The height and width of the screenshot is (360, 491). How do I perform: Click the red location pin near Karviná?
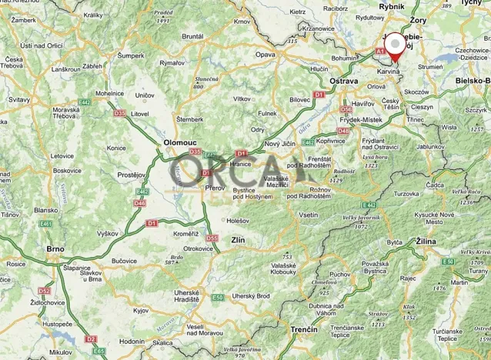[396, 46]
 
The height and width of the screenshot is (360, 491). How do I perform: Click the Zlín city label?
[238, 241]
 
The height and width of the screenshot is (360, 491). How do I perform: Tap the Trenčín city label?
[304, 329]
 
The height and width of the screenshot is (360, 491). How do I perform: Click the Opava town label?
[266, 55]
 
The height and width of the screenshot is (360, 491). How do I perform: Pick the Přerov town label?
[214, 187]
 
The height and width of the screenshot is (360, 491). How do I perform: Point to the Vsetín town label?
[308, 215]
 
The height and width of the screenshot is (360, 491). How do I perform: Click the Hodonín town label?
[132, 341]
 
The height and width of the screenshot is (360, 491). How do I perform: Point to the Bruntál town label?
[192, 36]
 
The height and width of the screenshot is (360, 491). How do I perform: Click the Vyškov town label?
[107, 233]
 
